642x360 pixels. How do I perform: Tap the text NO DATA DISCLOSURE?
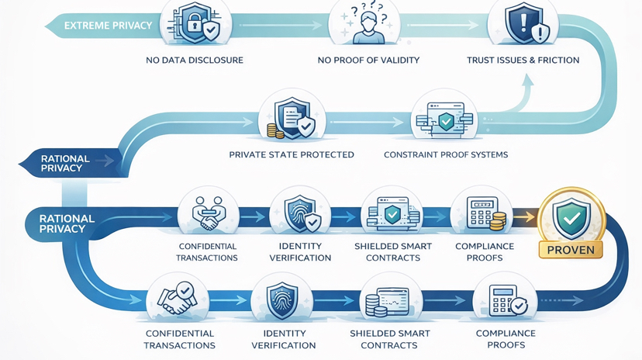coord(195,60)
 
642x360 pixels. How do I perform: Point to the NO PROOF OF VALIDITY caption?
coord(368,60)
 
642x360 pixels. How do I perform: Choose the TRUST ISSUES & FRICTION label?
coord(523,60)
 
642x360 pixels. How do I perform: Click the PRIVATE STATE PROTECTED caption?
coord(292,154)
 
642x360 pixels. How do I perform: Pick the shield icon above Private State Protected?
coord(295,118)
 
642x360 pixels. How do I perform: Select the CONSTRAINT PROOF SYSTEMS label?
coord(446,154)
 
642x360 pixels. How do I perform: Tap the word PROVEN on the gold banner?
coord(571,250)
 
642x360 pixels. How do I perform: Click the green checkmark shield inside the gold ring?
coord(571,217)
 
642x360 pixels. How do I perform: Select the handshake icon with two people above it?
coord(208,213)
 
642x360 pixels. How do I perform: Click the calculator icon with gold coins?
coord(485,213)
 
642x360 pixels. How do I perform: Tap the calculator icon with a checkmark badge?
coord(507,299)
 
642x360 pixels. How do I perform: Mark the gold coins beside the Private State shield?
coord(274,130)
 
